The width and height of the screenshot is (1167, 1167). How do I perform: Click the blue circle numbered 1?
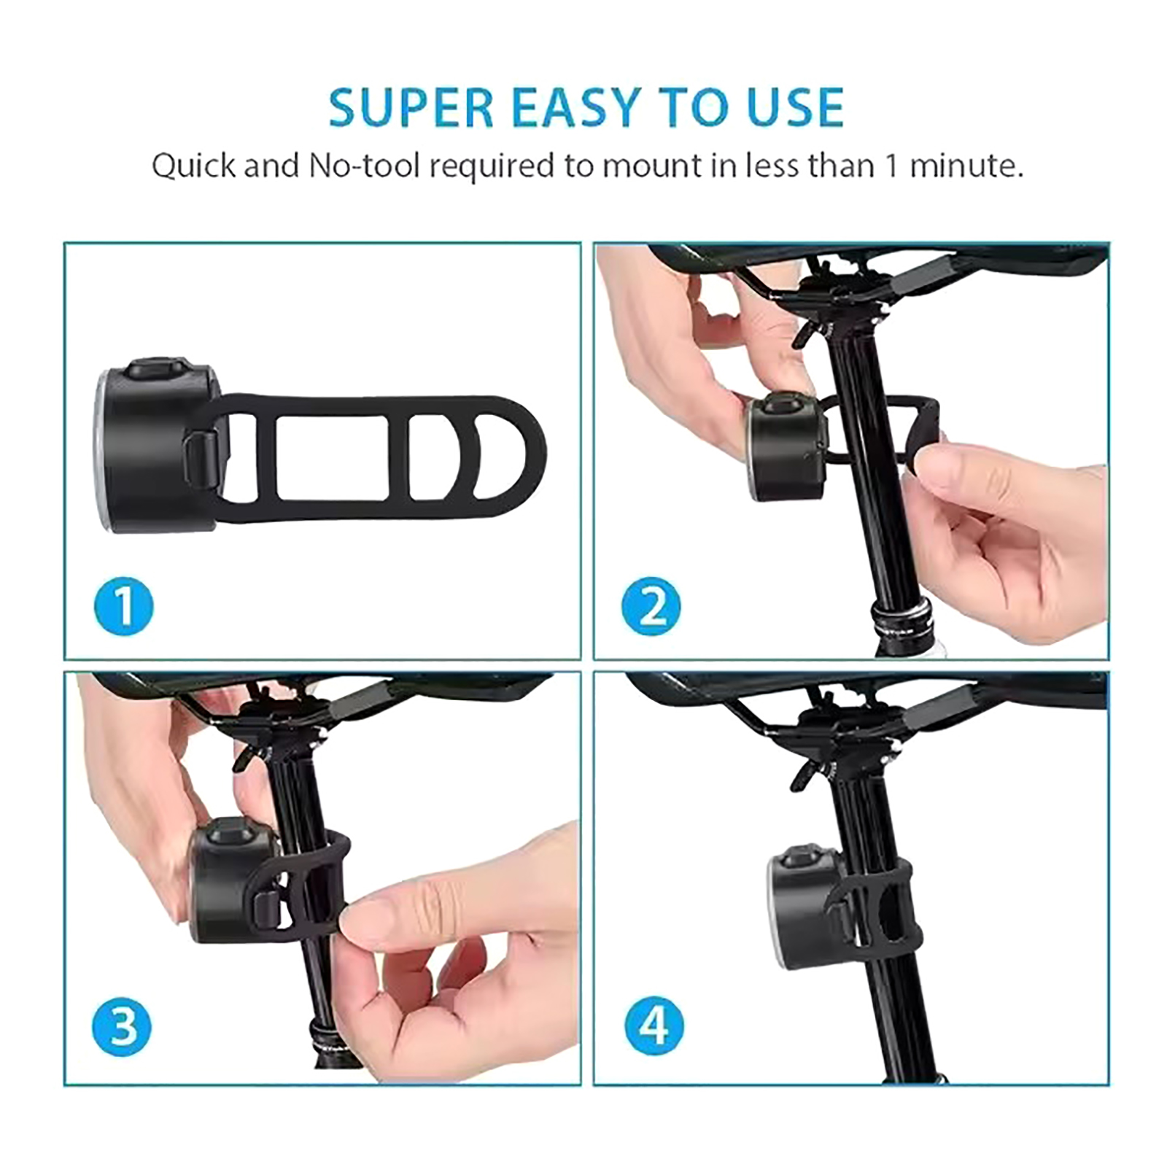coord(124,605)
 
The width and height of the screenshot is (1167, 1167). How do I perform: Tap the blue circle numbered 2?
coord(651,605)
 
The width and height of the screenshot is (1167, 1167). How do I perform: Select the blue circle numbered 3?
coord(122,1026)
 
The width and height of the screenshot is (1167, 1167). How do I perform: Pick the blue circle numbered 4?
coord(654,1026)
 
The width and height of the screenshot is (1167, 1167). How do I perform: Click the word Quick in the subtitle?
coord(194,166)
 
